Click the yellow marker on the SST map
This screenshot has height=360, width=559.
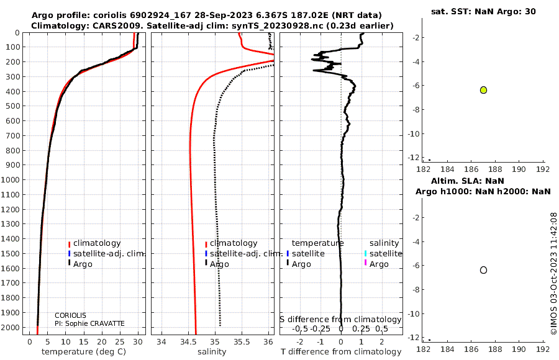tap(483, 90)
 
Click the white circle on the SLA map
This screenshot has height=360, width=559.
tap(483, 270)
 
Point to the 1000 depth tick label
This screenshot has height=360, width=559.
tap(10, 179)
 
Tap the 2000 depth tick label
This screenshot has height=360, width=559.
tap(10, 327)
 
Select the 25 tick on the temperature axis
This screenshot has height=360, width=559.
tap(120, 342)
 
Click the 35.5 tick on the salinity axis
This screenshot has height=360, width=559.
tap(242, 342)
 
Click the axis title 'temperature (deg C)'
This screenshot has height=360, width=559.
tap(84, 352)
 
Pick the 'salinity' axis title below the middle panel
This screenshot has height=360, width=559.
tap(212, 352)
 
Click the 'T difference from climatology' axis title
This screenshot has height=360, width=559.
tap(341, 352)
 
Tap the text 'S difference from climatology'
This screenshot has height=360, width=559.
tap(340, 320)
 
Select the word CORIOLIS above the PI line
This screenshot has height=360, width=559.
tap(70, 315)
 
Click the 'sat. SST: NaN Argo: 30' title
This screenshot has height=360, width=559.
tap(483, 11)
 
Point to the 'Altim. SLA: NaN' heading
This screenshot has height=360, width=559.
tap(467, 181)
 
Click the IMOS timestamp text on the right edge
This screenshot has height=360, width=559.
tap(553, 273)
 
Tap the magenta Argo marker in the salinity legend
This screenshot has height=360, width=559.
tap(365, 263)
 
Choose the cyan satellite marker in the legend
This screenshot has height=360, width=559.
tap(365, 253)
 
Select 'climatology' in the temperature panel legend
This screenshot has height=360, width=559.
tap(97, 243)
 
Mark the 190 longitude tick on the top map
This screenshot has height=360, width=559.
tap(519, 169)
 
